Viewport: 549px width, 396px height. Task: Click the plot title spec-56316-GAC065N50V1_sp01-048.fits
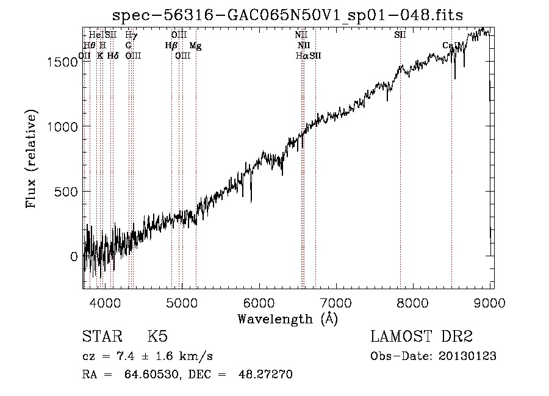288,16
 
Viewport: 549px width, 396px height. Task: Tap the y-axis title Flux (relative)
30,159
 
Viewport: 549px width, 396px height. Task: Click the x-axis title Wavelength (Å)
287,319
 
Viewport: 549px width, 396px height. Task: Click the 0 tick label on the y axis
74,257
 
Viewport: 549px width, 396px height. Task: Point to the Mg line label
194,45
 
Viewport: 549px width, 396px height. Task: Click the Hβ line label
171,45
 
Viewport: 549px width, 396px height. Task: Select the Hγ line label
131,35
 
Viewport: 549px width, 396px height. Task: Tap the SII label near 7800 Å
400,35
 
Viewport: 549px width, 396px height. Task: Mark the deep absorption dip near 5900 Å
251,200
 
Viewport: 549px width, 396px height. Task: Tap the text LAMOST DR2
421,337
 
